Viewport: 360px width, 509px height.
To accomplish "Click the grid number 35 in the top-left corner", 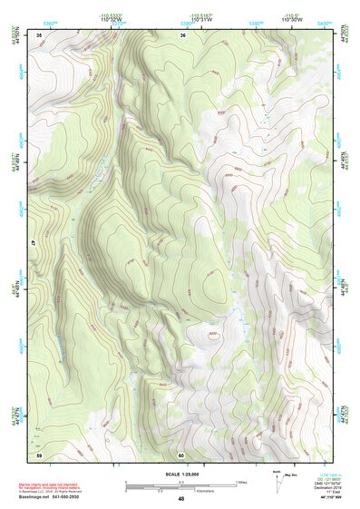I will [x=39, y=34].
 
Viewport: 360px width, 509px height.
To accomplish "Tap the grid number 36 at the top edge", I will [x=182, y=34].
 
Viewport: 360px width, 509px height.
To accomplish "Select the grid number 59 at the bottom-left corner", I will [x=39, y=455].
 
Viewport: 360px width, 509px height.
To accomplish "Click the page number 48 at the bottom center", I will [x=180, y=499].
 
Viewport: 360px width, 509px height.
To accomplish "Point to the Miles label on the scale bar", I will [x=241, y=482].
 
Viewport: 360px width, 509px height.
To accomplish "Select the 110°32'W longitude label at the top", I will [x=112, y=20].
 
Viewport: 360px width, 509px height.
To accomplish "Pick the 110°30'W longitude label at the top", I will [x=290, y=20].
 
